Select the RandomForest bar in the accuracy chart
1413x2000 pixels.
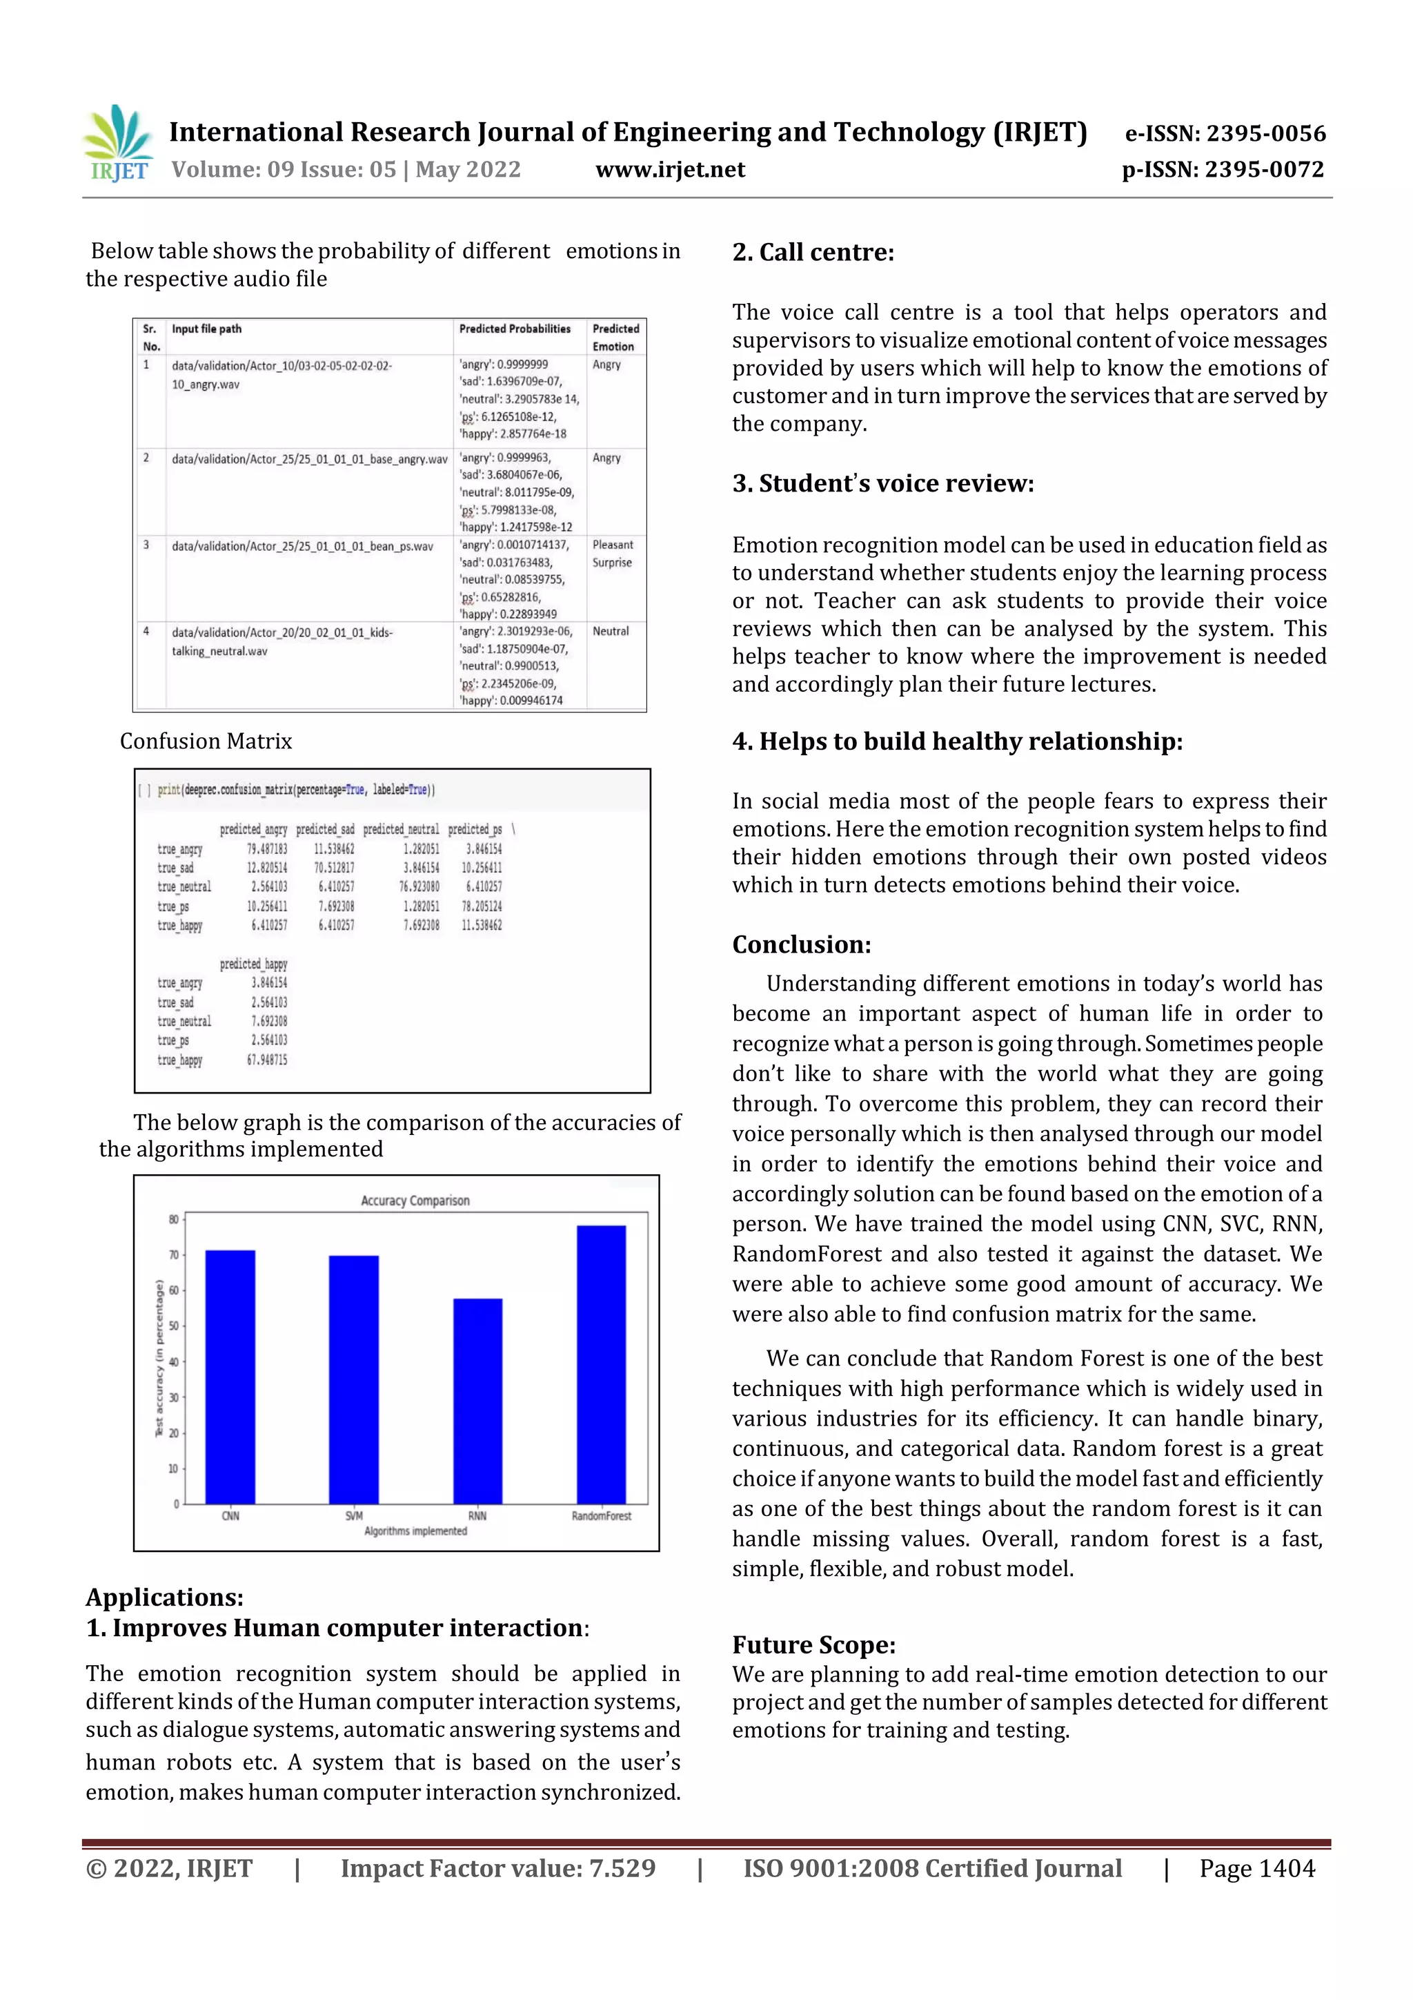(x=601, y=1364)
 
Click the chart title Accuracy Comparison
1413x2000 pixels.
(x=415, y=1201)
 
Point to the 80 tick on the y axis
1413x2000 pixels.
(x=173, y=1219)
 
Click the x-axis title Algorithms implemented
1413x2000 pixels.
(x=415, y=1531)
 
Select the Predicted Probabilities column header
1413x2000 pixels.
(x=515, y=329)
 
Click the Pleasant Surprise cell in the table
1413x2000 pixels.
(x=613, y=553)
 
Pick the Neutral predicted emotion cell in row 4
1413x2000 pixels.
(x=611, y=631)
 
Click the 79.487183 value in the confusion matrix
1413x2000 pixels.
(x=266, y=848)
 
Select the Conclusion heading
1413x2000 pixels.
(x=801, y=944)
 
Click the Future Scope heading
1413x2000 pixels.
(x=813, y=1644)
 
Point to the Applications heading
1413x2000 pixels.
(x=164, y=1597)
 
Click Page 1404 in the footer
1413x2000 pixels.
(x=1256, y=1867)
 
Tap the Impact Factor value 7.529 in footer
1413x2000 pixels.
(x=498, y=1867)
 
